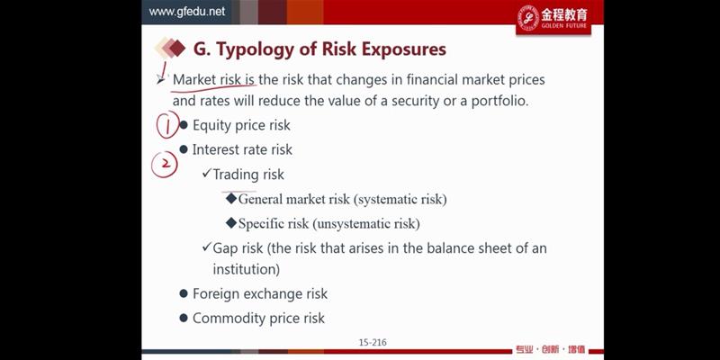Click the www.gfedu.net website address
[x=187, y=12]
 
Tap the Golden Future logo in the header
[x=553, y=19]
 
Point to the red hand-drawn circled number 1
[x=167, y=124]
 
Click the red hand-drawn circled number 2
[x=164, y=164]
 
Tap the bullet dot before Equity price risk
[x=184, y=125]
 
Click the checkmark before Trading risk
[x=206, y=173]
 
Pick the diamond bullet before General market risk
[x=231, y=198]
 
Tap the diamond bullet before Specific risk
[x=231, y=223]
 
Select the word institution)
[x=246, y=269]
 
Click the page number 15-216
[x=373, y=342]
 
